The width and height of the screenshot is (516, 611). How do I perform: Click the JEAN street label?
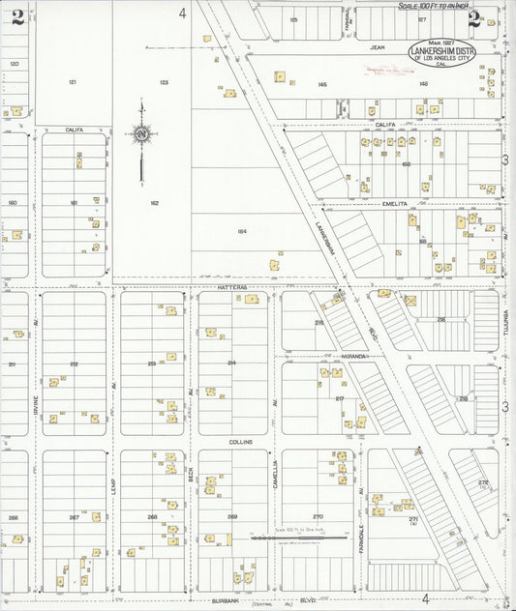pyautogui.click(x=379, y=45)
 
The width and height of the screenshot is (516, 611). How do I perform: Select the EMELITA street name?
pyautogui.click(x=397, y=204)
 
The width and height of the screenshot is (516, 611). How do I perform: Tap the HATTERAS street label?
pyautogui.click(x=233, y=287)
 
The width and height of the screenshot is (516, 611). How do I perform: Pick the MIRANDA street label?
pyautogui.click(x=353, y=356)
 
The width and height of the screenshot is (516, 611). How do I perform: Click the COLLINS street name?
pyautogui.click(x=240, y=441)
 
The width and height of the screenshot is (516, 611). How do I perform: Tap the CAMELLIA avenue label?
pyautogui.click(x=275, y=476)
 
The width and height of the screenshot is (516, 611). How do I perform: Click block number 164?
pyautogui.click(x=242, y=231)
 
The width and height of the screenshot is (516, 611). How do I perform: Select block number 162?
pyautogui.click(x=154, y=203)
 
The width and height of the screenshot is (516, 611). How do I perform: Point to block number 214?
pyautogui.click(x=231, y=362)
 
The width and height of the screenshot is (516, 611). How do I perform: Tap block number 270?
pyautogui.click(x=318, y=516)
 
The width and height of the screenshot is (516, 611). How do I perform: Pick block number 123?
pyautogui.click(x=164, y=82)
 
